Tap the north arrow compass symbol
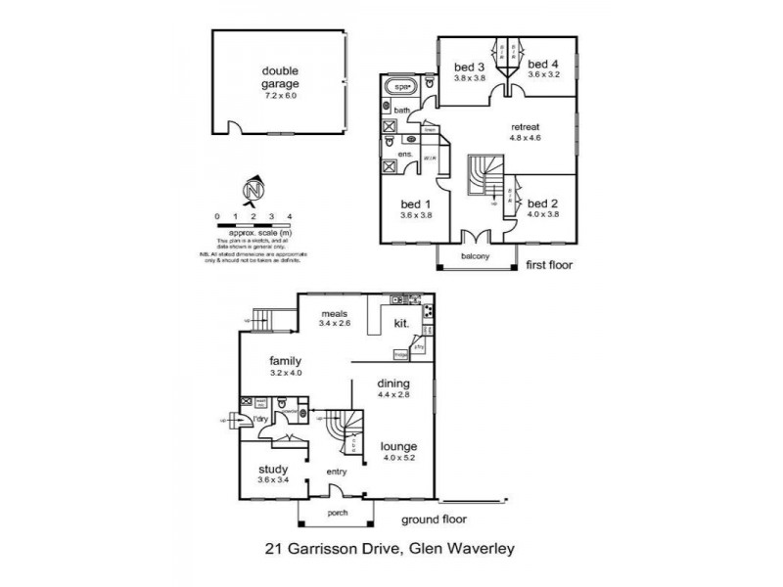tap(253, 189)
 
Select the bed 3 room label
tap(470, 68)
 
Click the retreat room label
tap(526, 127)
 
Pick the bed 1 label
tap(416, 204)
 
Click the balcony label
tap(476, 258)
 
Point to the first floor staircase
tap(484, 176)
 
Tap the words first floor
tap(549, 264)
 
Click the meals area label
tap(334, 313)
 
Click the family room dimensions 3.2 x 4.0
tap(285, 373)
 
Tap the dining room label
tap(392, 383)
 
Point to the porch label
tap(336, 516)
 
